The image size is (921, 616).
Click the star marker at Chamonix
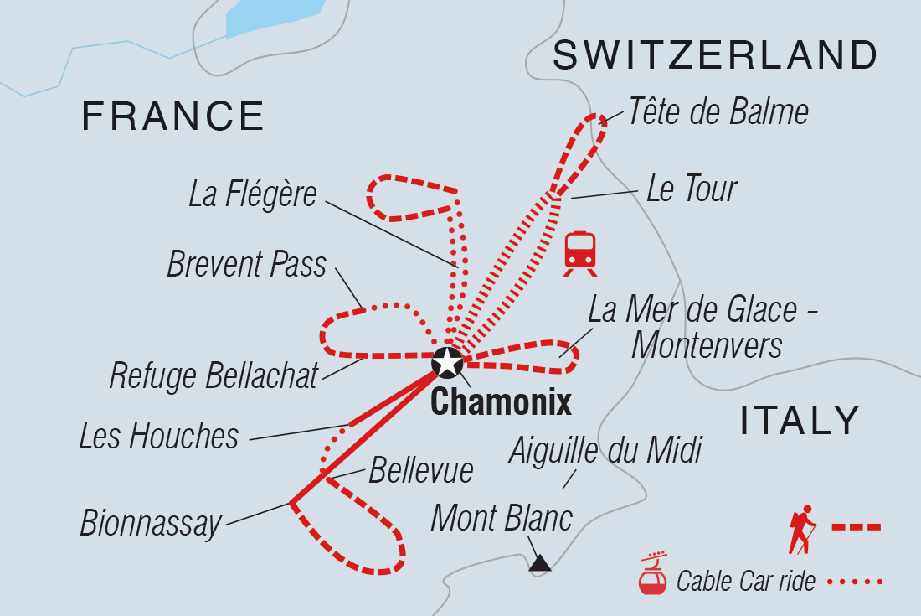pyautogui.click(x=448, y=363)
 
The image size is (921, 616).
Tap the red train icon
pyautogui.click(x=580, y=251)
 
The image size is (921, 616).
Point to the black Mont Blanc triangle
pyautogui.click(x=540, y=563)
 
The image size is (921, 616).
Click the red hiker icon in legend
pyautogui.click(x=801, y=528)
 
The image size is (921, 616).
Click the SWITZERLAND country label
pyautogui.click(x=715, y=56)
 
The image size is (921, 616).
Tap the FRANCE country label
pyautogui.click(x=172, y=116)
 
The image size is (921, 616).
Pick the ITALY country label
pyautogui.click(x=800, y=420)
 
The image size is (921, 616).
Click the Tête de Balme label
pyautogui.click(x=718, y=111)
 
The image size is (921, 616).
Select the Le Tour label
pyautogui.click(x=692, y=189)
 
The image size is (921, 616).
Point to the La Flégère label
pyautogui.click(x=253, y=194)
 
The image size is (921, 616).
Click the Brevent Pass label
pyautogui.click(x=246, y=265)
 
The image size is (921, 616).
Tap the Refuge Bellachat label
pyautogui.click(x=214, y=376)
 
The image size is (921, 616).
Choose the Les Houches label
pyautogui.click(x=159, y=436)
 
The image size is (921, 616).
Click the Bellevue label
pyautogui.click(x=420, y=470)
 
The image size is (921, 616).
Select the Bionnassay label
pyautogui.click(x=151, y=523)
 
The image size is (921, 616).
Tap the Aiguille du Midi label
pyautogui.click(x=605, y=451)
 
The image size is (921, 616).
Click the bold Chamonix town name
pyautogui.click(x=501, y=403)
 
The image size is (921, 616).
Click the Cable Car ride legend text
pyautogui.click(x=745, y=581)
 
